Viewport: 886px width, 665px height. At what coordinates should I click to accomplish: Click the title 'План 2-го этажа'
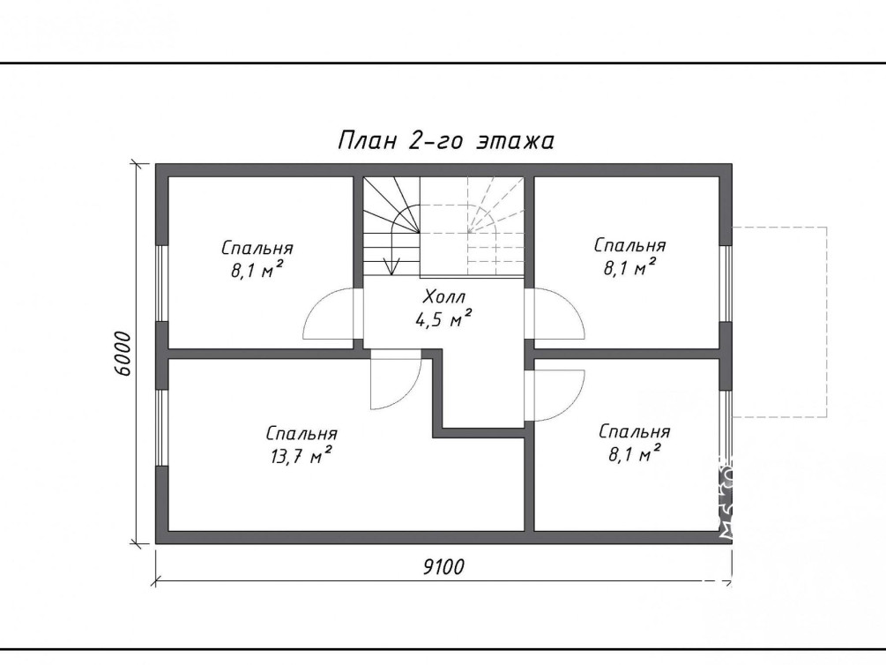pyautogui.click(x=446, y=141)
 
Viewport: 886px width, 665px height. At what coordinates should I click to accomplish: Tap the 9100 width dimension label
pyautogui.click(x=443, y=566)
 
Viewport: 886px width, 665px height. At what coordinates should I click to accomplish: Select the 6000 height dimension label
pyautogui.click(x=122, y=354)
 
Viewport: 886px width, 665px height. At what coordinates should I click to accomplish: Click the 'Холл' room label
pyautogui.click(x=443, y=296)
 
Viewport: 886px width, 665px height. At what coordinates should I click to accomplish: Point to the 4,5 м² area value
pyautogui.click(x=443, y=320)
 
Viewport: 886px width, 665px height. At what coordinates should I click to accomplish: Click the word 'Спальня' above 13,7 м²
pyautogui.click(x=302, y=434)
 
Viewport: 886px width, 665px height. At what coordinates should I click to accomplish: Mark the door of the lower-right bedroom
pyautogui.click(x=555, y=396)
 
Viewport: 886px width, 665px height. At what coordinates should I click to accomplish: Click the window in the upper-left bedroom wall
pyautogui.click(x=162, y=283)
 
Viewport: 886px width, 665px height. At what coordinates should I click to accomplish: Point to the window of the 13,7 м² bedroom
pyautogui.click(x=162, y=428)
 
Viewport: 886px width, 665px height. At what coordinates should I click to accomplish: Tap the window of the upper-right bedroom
pyautogui.click(x=726, y=283)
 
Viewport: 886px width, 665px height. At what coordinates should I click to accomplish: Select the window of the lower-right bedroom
pyautogui.click(x=726, y=428)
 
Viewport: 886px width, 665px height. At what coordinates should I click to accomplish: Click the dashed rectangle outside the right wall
pyautogui.click(x=827, y=322)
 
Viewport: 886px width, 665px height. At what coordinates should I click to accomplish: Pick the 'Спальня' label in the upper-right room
pyautogui.click(x=629, y=245)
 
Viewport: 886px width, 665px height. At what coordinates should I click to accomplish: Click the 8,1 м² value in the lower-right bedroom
pyautogui.click(x=635, y=453)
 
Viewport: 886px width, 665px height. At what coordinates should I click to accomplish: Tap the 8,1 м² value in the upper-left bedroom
pyautogui.click(x=257, y=270)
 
